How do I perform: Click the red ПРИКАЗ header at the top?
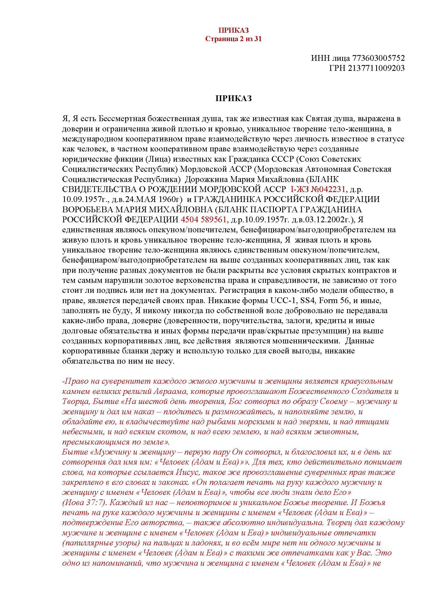click(234, 30)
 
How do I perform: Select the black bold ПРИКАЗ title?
click(234, 99)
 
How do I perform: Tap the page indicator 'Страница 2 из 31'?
click(234, 39)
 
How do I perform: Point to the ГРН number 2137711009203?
click(376, 68)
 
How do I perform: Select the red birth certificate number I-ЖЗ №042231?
click(318, 189)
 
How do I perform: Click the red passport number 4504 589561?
click(204, 220)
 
